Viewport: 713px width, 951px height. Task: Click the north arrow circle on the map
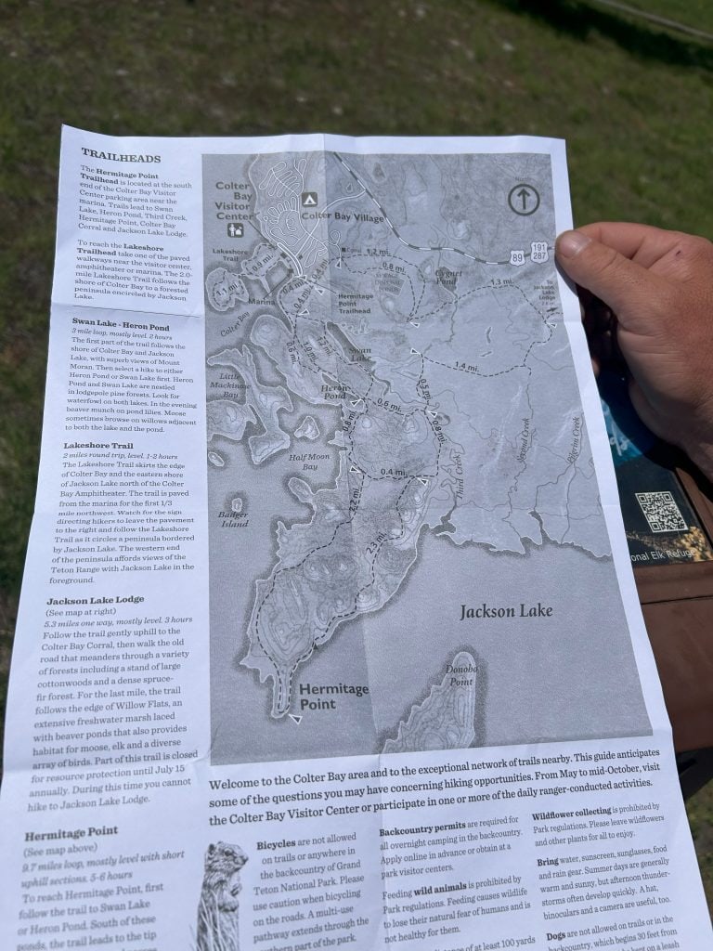click(525, 199)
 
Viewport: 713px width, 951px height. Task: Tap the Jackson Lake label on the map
click(506, 611)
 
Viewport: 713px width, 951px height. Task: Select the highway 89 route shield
click(516, 256)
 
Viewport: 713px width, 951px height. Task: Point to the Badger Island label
click(233, 518)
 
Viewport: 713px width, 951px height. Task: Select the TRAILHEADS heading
click(121, 156)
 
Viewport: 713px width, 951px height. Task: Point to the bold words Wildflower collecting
click(577, 814)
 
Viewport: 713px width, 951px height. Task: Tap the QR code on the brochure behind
click(660, 511)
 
